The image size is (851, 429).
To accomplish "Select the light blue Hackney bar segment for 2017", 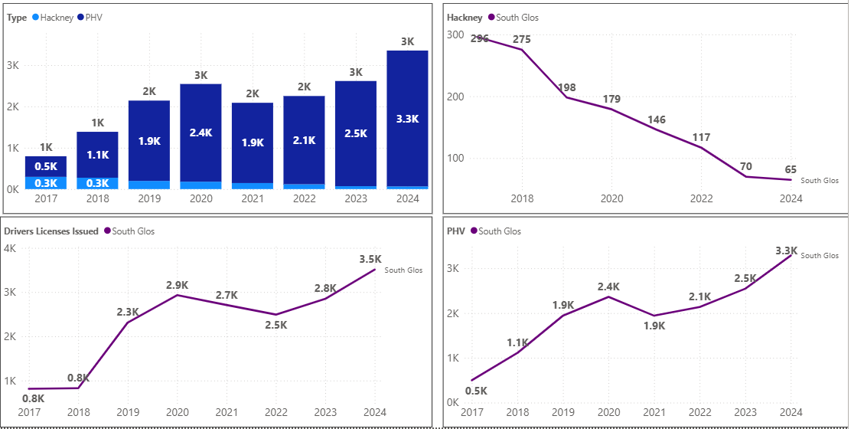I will [45, 182].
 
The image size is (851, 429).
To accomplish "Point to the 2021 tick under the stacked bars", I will [252, 198].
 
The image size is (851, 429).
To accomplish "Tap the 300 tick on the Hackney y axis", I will [455, 35].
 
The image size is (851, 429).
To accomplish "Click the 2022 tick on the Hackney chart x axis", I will [701, 198].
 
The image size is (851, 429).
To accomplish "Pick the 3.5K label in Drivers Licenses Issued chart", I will [370, 259].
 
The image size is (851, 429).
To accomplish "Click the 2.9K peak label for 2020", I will [177, 285].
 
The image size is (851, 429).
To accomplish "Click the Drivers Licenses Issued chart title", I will [51, 231].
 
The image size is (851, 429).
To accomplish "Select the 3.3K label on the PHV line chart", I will [786, 251].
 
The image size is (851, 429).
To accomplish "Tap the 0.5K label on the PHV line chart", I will [475, 391].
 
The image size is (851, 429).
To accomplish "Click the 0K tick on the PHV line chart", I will [452, 402].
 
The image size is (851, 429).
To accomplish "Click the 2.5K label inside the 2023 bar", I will [354, 133].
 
